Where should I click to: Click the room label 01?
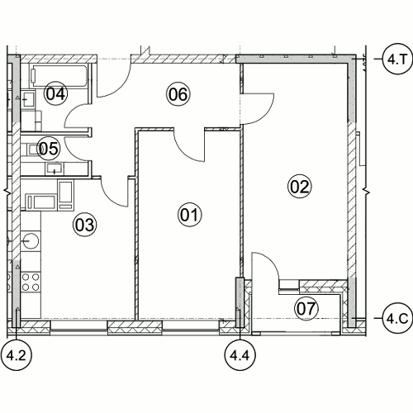tap(189, 215)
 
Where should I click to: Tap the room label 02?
tap(300, 187)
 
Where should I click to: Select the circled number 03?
tap(85, 225)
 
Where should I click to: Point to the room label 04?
tap(55, 93)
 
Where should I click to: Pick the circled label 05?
tap(49, 149)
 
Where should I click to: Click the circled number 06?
tap(178, 94)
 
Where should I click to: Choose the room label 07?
tap(306, 308)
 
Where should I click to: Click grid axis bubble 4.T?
tap(397, 59)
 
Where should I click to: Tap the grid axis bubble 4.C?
tap(397, 318)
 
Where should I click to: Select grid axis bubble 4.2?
tap(17, 355)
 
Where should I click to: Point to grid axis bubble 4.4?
tap(240, 355)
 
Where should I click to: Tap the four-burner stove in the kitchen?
tap(31, 282)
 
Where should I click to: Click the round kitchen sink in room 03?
tap(31, 240)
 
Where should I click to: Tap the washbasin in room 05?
tap(55, 169)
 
